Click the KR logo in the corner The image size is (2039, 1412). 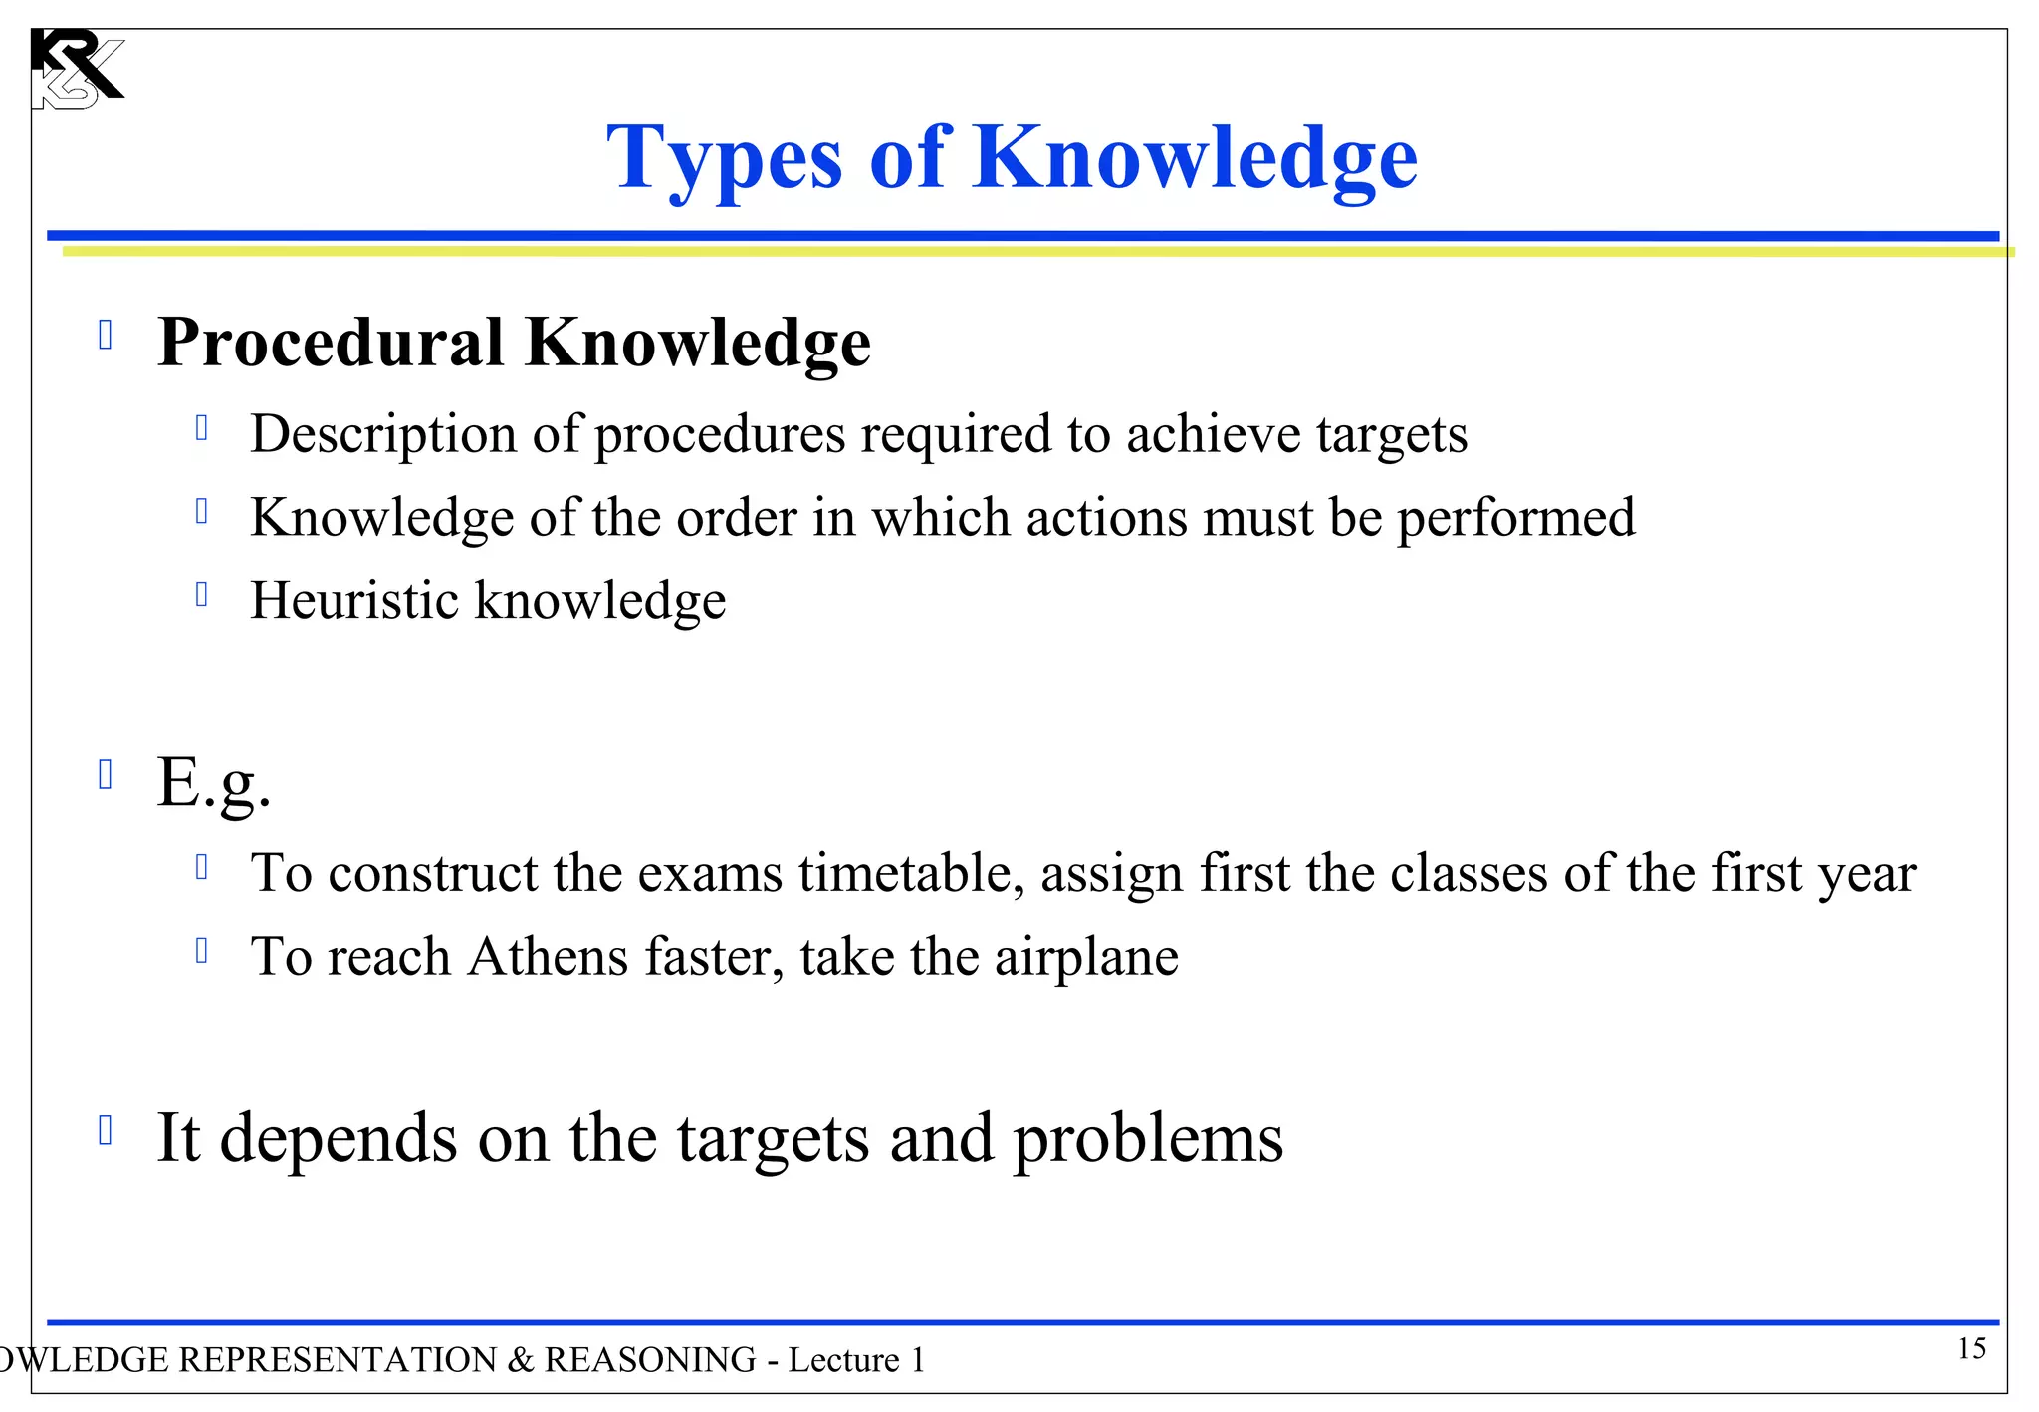[76, 68]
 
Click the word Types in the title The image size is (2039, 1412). [725, 159]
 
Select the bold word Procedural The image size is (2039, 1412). [331, 343]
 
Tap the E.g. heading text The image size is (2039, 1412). [213, 783]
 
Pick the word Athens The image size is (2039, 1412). [548, 957]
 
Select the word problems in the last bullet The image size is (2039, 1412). [1147, 1139]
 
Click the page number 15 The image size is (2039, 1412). [1970, 1349]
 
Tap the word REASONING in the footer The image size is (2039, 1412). [649, 1360]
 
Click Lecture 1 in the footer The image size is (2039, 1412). [856, 1360]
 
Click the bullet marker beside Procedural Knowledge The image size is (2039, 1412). [106, 335]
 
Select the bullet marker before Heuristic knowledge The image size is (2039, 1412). [202, 594]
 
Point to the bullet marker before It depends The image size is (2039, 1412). [106, 1131]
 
